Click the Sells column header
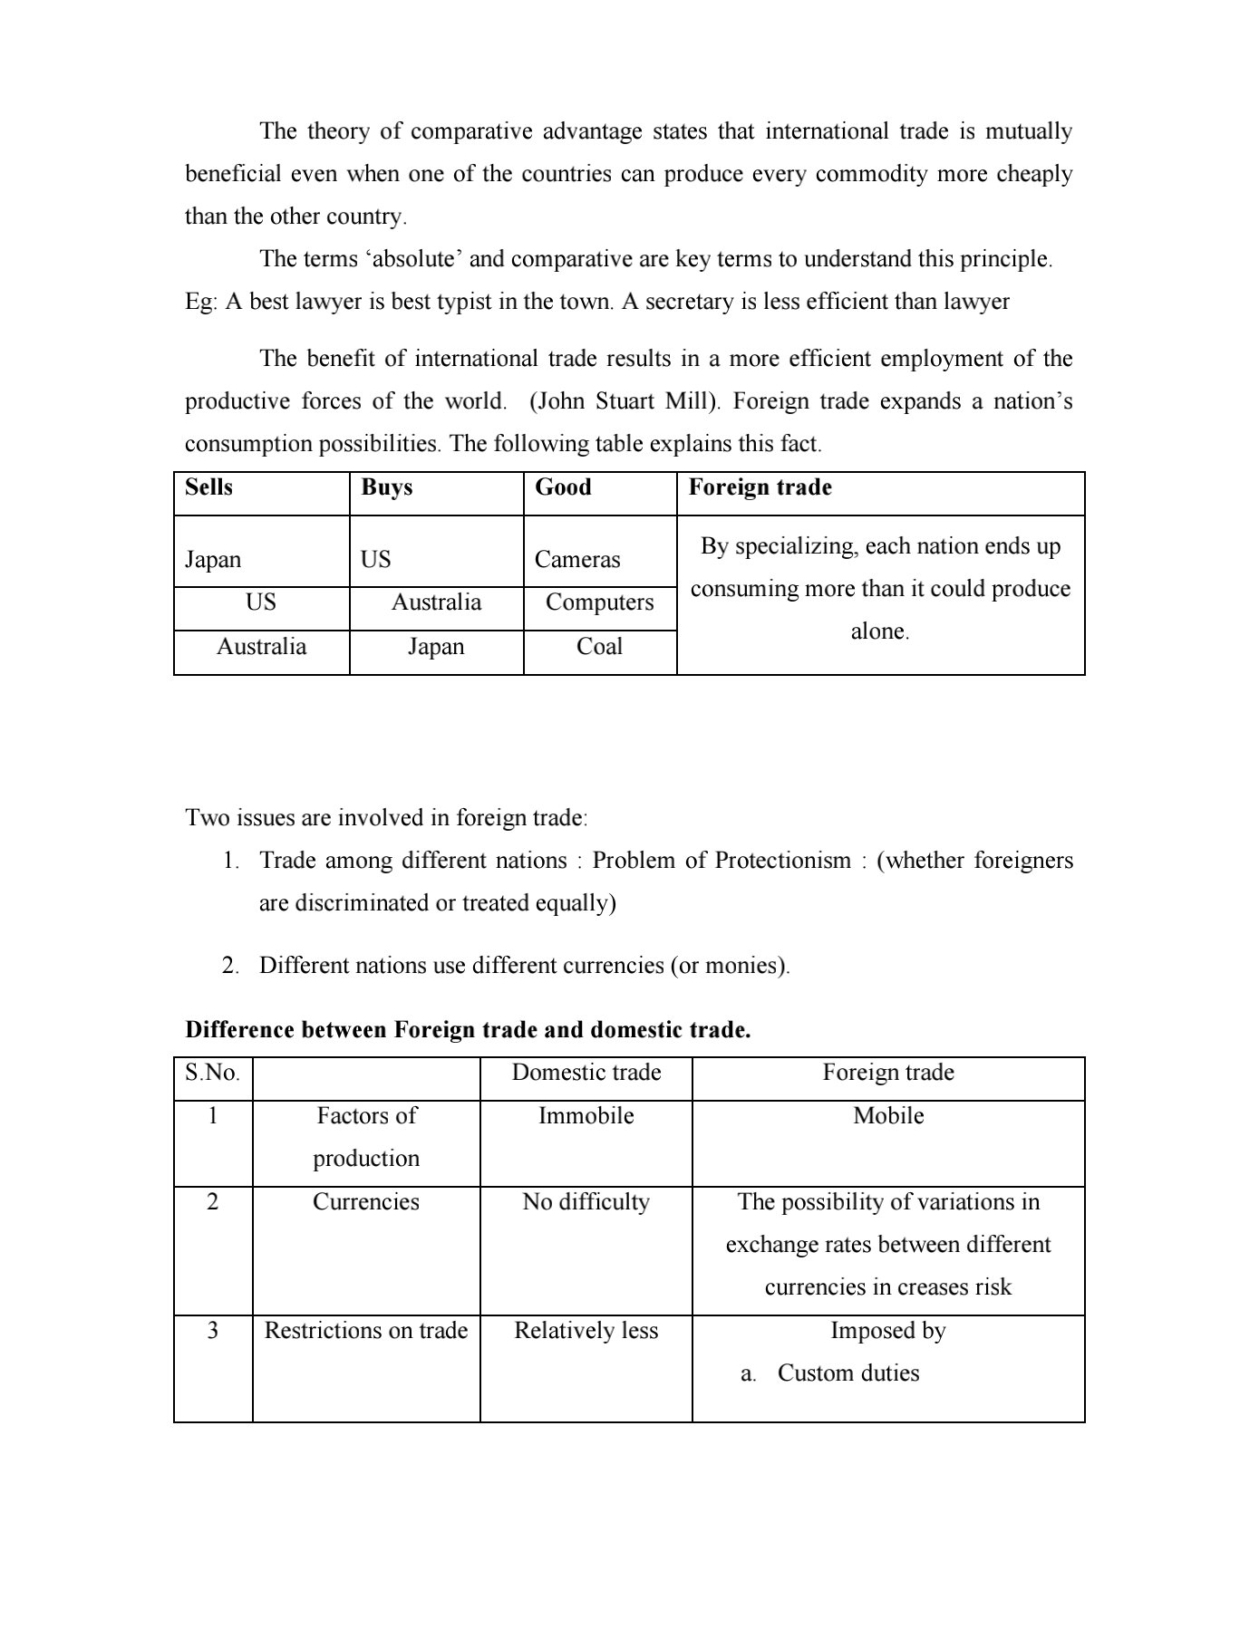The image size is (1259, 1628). (x=208, y=487)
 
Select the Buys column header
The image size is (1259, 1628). (x=386, y=487)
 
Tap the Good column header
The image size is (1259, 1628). (x=563, y=487)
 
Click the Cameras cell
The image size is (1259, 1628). (x=577, y=560)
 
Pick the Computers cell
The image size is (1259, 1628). (x=599, y=602)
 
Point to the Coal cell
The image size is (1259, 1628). (x=599, y=647)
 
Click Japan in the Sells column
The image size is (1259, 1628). (x=213, y=560)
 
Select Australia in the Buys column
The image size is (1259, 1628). (x=436, y=602)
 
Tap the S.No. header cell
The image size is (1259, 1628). (x=212, y=1073)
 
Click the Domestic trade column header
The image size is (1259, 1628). (x=586, y=1073)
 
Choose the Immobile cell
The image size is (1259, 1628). (x=586, y=1116)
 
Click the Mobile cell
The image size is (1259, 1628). (x=888, y=1116)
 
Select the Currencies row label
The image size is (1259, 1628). (x=366, y=1202)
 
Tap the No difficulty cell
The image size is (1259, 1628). (x=586, y=1202)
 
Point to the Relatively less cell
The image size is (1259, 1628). (x=586, y=1331)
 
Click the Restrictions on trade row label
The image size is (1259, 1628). (x=366, y=1331)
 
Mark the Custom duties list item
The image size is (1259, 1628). (x=847, y=1373)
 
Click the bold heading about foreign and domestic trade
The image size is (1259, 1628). (x=468, y=1030)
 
